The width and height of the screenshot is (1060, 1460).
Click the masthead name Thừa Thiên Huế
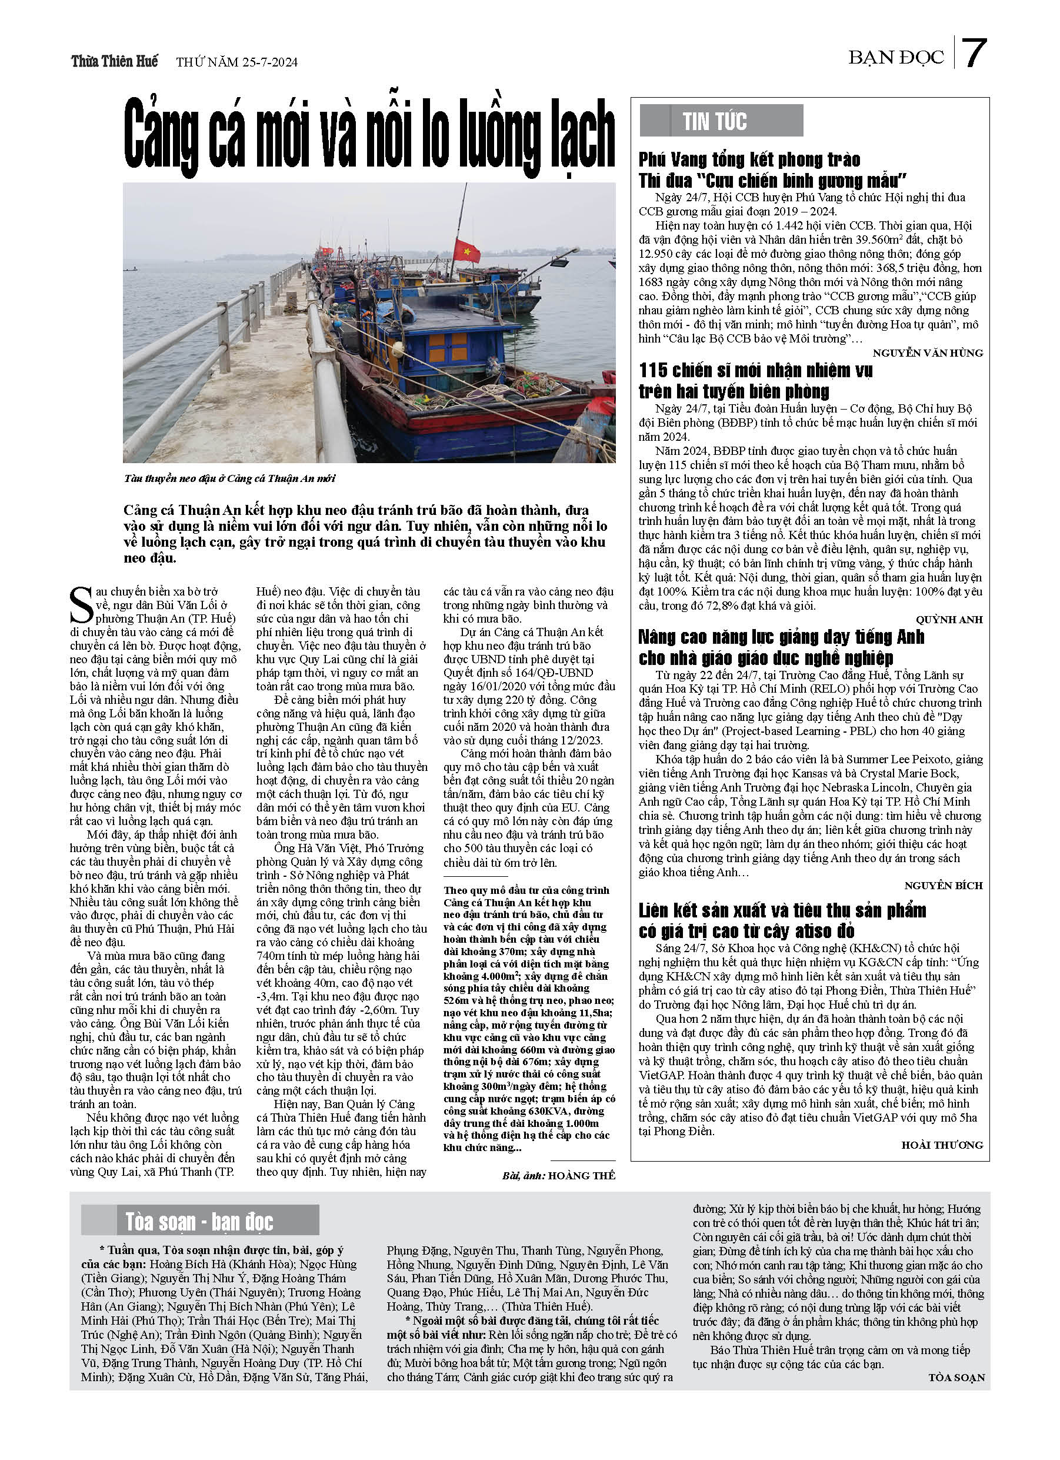pos(115,62)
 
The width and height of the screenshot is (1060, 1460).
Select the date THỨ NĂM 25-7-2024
pos(236,62)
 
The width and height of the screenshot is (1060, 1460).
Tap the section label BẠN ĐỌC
pos(895,58)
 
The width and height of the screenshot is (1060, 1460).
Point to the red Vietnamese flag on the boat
pos(466,250)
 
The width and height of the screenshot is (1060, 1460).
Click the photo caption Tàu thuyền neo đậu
pos(229,478)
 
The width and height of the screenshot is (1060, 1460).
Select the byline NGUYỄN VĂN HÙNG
pos(928,352)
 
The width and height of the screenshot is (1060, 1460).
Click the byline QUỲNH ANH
pos(949,619)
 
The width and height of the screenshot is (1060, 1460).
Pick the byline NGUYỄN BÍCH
pos(943,886)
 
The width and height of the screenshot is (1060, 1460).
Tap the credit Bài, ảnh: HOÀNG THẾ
pos(558,1175)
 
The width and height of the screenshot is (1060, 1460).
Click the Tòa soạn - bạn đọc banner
pos(199,1220)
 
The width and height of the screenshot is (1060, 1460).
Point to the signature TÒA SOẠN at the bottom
pos(956,1378)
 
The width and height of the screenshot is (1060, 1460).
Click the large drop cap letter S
pos(81,605)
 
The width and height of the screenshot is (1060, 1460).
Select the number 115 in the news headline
pos(654,370)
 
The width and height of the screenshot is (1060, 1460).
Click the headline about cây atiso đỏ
pos(781,920)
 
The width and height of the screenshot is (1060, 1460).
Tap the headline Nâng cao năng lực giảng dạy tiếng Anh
pos(781,647)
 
